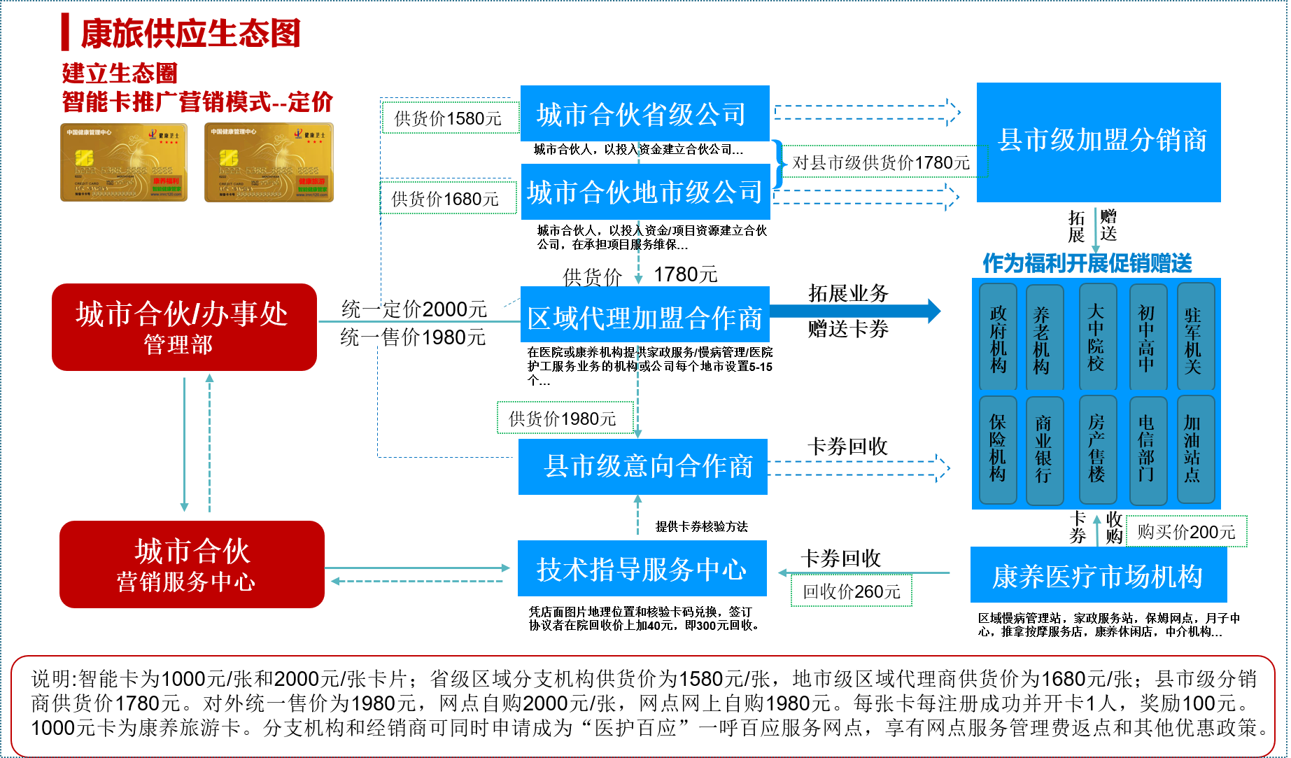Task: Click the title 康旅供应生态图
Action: (190, 34)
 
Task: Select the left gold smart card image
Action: (124, 162)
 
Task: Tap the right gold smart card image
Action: (269, 162)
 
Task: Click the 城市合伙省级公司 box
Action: (644, 113)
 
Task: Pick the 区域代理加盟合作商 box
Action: (644, 315)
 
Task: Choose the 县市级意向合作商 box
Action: (642, 467)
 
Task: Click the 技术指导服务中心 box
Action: (642, 568)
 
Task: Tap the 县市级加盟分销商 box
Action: (1099, 142)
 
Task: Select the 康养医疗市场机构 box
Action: (1098, 575)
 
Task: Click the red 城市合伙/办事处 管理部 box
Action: (184, 327)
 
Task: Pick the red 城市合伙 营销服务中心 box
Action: (192, 564)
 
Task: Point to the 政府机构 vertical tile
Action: (998, 337)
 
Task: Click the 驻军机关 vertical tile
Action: (1195, 337)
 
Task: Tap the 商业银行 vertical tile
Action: (1044, 450)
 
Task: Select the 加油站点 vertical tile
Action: (1195, 450)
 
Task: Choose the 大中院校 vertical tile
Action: (1096, 337)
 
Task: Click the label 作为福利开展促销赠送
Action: (1087, 263)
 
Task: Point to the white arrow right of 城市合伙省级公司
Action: (867, 112)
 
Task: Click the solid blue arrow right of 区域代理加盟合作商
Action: (855, 311)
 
